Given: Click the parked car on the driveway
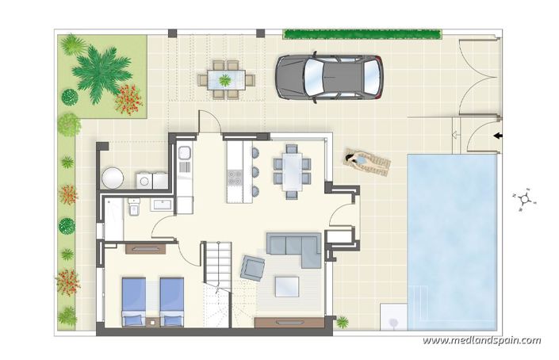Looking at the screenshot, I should pyautogui.click(x=329, y=77).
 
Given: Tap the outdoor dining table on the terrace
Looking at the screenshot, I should pyautogui.click(x=225, y=79).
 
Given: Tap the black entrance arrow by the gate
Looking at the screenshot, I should pyautogui.click(x=498, y=136).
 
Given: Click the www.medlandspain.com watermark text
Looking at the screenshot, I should pyautogui.click(x=481, y=341).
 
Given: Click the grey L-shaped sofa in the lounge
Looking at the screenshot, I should pyautogui.click(x=294, y=247).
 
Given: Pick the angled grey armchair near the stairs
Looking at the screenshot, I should pyautogui.click(x=253, y=268).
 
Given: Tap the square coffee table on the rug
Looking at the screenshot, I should pyautogui.click(x=288, y=284).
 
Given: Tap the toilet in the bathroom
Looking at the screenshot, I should pyautogui.click(x=133, y=208).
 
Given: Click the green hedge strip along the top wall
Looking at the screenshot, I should pyautogui.click(x=362, y=34).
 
